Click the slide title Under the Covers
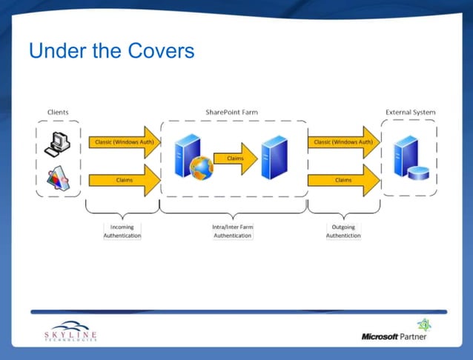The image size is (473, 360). point(111,51)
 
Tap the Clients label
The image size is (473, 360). point(58,113)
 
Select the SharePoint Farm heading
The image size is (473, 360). point(232,113)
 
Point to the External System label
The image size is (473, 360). point(410,113)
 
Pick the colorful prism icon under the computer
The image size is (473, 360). point(58,179)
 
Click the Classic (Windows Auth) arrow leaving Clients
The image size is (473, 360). point(123,141)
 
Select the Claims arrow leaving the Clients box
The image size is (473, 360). point(123,180)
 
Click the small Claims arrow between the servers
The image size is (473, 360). point(234,159)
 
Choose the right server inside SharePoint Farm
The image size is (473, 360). point(274,156)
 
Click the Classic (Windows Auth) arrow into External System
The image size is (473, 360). point(343,141)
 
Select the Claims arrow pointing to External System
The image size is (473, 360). point(343,180)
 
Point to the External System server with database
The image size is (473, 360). point(410,159)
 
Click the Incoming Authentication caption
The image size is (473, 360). point(122,231)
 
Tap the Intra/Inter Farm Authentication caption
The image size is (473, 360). point(232,231)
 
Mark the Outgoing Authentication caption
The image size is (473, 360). point(343,231)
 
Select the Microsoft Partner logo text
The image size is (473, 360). point(394,336)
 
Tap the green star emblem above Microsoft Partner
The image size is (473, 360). point(423,324)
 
